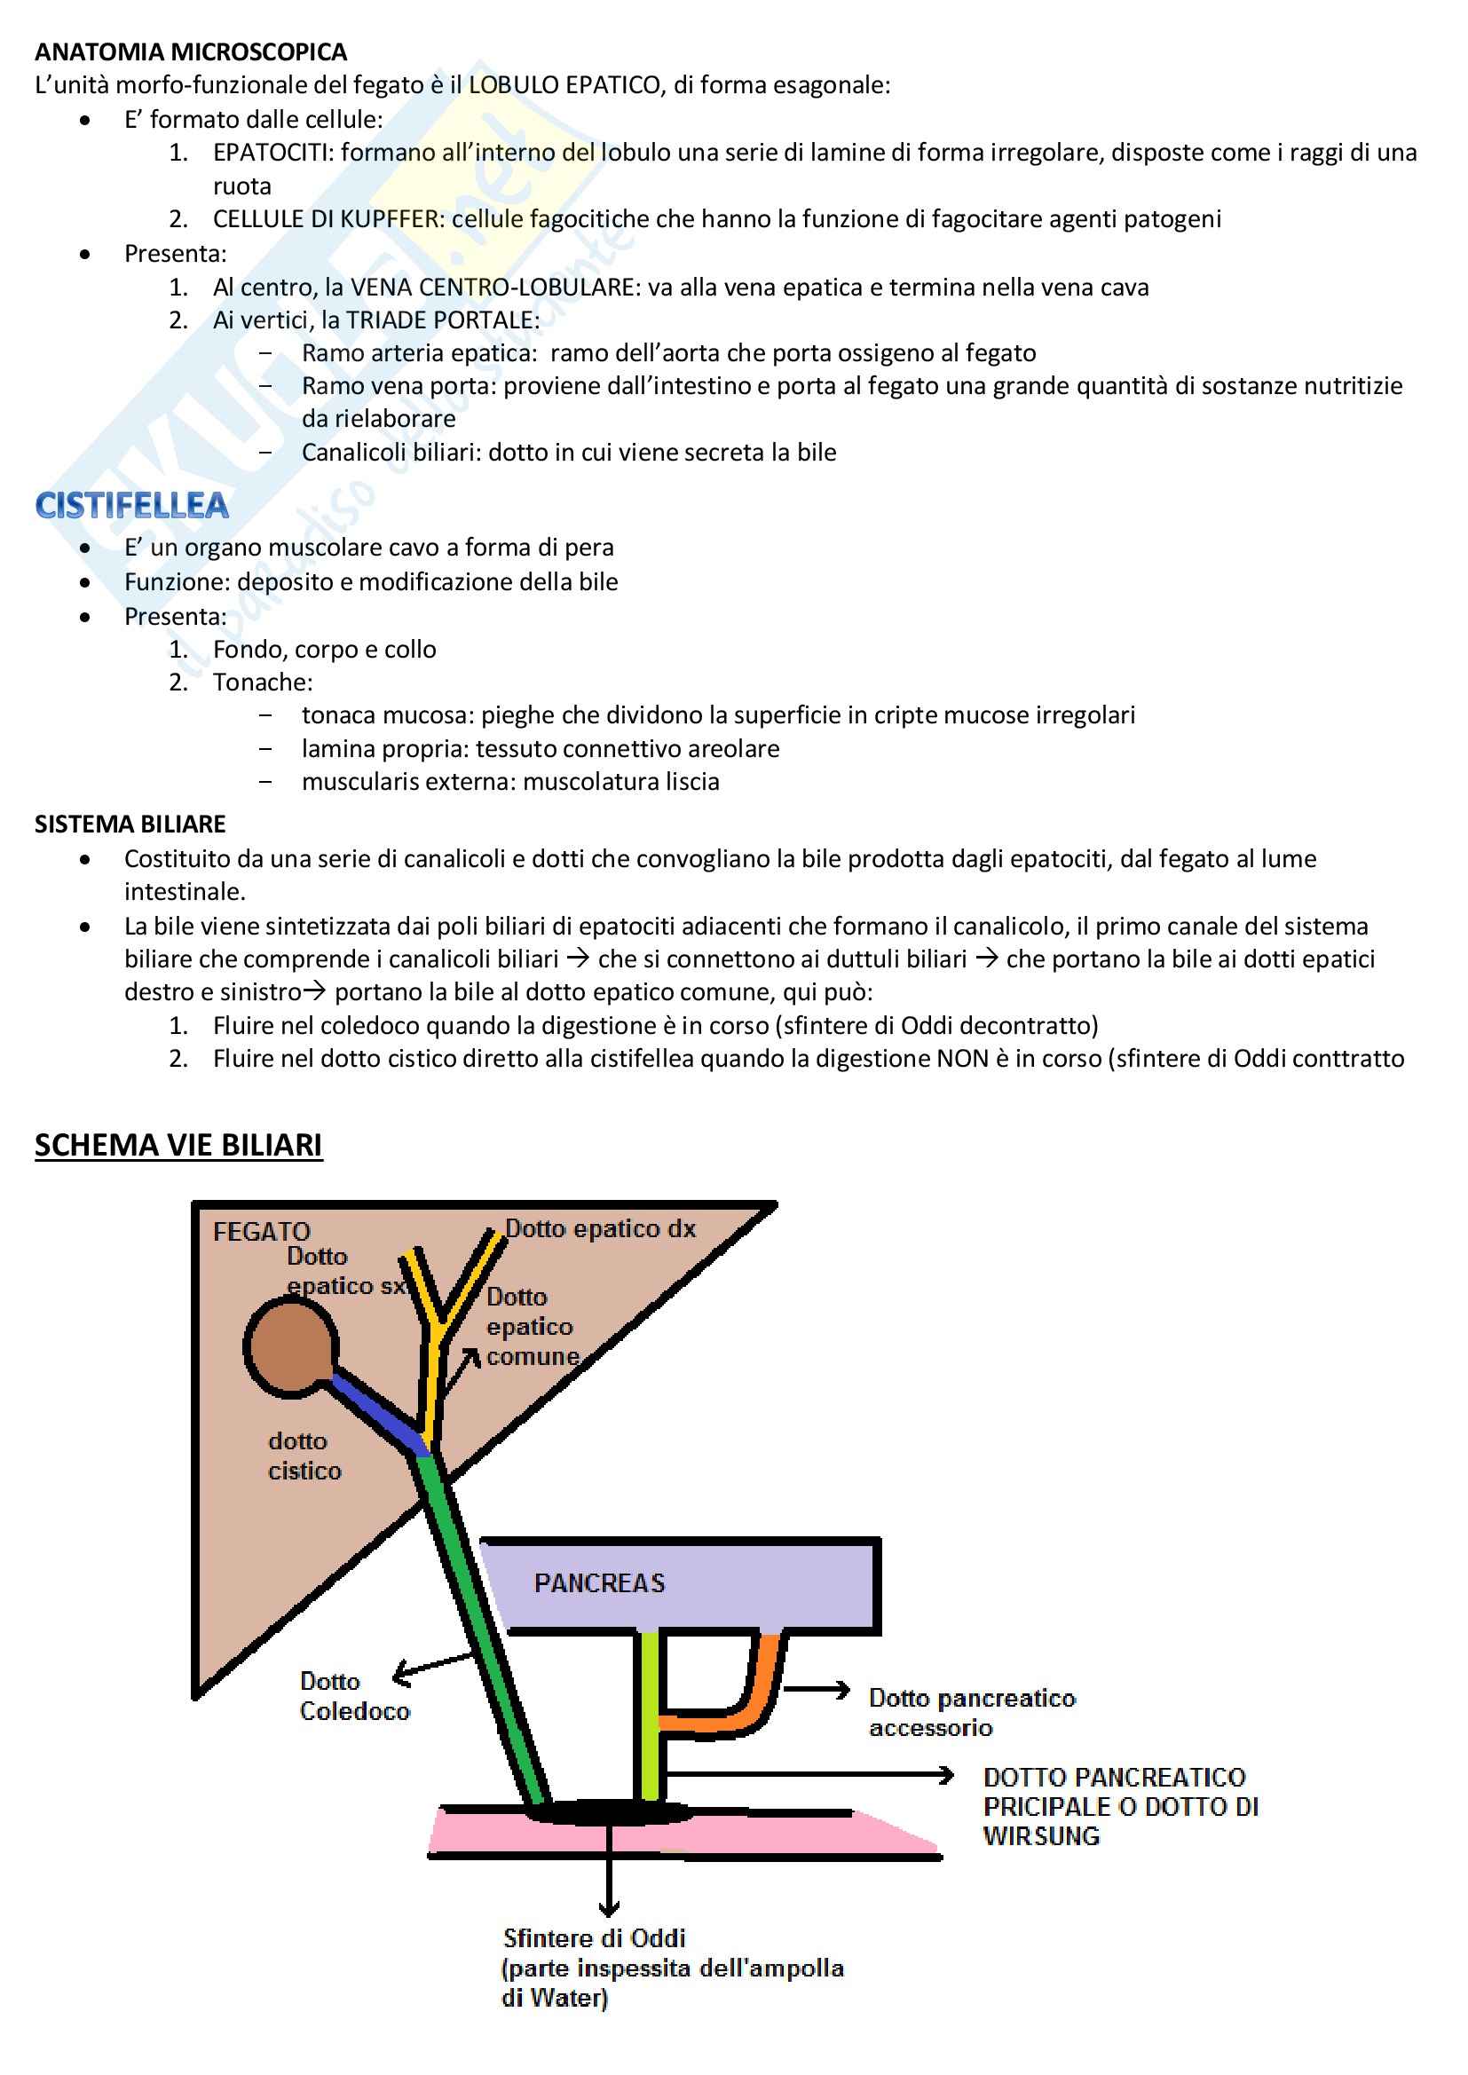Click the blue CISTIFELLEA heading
click(x=132, y=506)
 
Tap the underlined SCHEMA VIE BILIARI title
click(x=178, y=1145)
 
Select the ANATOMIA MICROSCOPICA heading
click(x=191, y=51)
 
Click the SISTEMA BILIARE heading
click(x=130, y=824)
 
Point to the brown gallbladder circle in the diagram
click(x=290, y=1346)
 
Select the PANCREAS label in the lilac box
click(x=599, y=1583)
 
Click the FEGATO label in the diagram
click(x=261, y=1231)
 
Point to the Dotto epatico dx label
click(x=600, y=1228)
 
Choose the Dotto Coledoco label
click(x=354, y=1696)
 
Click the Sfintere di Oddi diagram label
click(x=594, y=1937)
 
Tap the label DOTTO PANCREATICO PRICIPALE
click(x=1120, y=1807)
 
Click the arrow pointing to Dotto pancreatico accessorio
click(x=817, y=1689)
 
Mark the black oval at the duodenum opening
click(x=608, y=1811)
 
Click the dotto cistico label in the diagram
click(x=304, y=1456)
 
